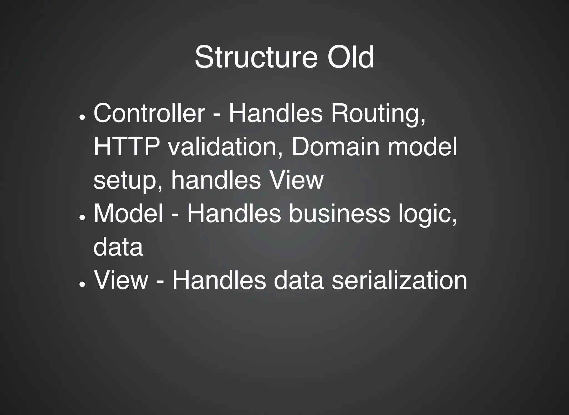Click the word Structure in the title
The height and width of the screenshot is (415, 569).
[x=256, y=57]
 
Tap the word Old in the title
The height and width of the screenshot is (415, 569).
[x=351, y=57]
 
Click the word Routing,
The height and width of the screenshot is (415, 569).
[x=378, y=114]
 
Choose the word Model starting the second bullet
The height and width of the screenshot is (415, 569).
[x=128, y=213]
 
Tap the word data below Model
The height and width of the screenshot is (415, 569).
[x=118, y=247]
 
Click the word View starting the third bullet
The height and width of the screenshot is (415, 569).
[x=121, y=280]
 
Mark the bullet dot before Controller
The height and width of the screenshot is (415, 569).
[x=82, y=117]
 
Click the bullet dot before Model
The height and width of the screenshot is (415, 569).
[x=82, y=218]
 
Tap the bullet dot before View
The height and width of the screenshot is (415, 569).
[x=82, y=284]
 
